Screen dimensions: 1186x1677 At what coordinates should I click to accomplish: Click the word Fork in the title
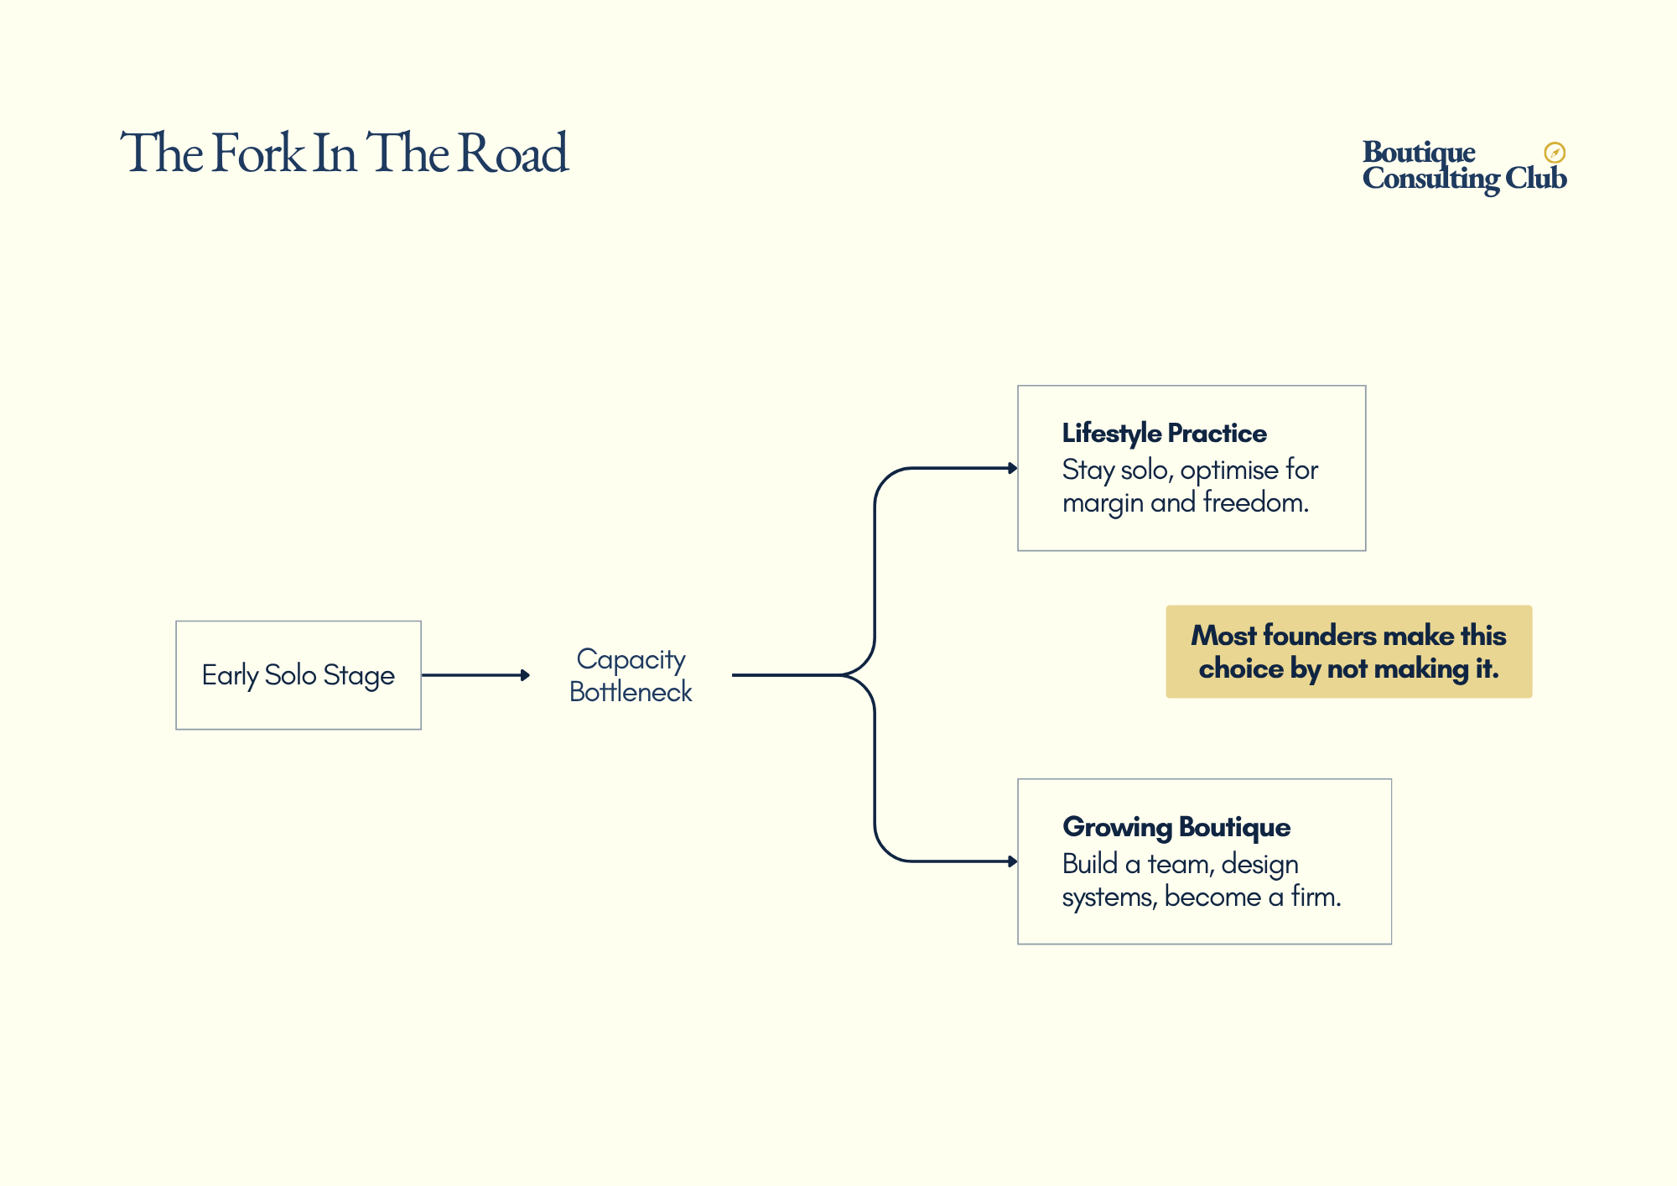tap(258, 153)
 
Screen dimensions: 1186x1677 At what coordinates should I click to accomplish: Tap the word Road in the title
tap(514, 153)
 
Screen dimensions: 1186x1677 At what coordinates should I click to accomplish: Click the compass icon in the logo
tap(1555, 152)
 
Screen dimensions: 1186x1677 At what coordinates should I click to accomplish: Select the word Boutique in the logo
tap(1419, 152)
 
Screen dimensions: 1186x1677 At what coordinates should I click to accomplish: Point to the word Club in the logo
tap(1535, 178)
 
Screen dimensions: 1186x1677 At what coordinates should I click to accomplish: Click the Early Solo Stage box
tap(299, 675)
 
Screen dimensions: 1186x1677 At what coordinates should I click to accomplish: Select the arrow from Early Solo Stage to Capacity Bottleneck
tap(475, 675)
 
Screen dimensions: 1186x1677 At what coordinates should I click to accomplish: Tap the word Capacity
tap(631, 659)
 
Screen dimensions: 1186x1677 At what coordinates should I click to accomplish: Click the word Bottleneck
tap(631, 692)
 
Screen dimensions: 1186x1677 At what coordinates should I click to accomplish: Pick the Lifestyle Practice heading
tap(1164, 434)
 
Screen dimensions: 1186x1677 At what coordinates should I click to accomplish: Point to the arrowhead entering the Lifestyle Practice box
tap(1012, 468)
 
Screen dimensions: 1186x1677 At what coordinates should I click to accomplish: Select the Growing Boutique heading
tap(1176, 827)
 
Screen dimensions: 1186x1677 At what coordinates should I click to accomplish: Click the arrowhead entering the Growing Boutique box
tap(1012, 861)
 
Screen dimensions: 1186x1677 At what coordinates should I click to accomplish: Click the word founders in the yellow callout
tap(1318, 636)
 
